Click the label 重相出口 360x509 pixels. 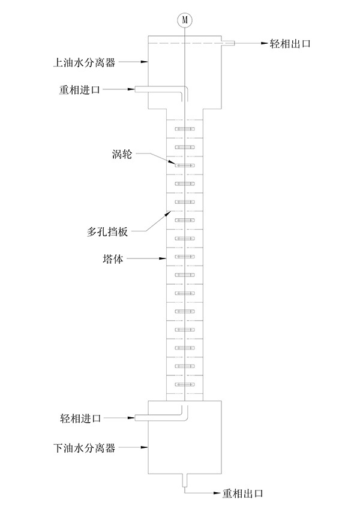point(244,493)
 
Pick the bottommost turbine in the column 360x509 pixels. point(185,384)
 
